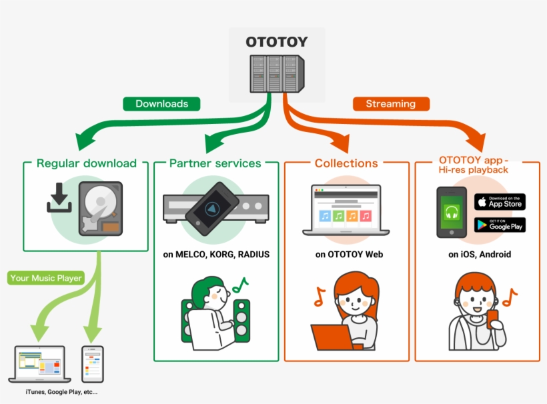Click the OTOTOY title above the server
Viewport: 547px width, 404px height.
pyautogui.click(x=277, y=42)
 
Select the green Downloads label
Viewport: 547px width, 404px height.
pyautogui.click(x=161, y=103)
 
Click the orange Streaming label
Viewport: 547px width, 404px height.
pyautogui.click(x=390, y=103)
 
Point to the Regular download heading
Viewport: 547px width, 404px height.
pyautogui.click(x=86, y=163)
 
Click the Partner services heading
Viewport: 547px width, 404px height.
pyautogui.click(x=215, y=163)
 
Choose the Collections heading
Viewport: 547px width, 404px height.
pyautogui.click(x=346, y=163)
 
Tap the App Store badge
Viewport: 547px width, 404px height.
pyautogui.click(x=500, y=201)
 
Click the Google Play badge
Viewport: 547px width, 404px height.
pyautogui.click(x=500, y=225)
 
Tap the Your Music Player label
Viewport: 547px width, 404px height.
pyautogui.click(x=47, y=278)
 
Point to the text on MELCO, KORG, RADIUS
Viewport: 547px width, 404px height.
pyautogui.click(x=216, y=255)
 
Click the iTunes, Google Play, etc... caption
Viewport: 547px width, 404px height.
pyautogui.click(x=61, y=392)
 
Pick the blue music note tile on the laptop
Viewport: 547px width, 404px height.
pyautogui.click(x=325, y=216)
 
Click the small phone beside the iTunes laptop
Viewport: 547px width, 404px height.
pyautogui.click(x=92, y=363)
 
